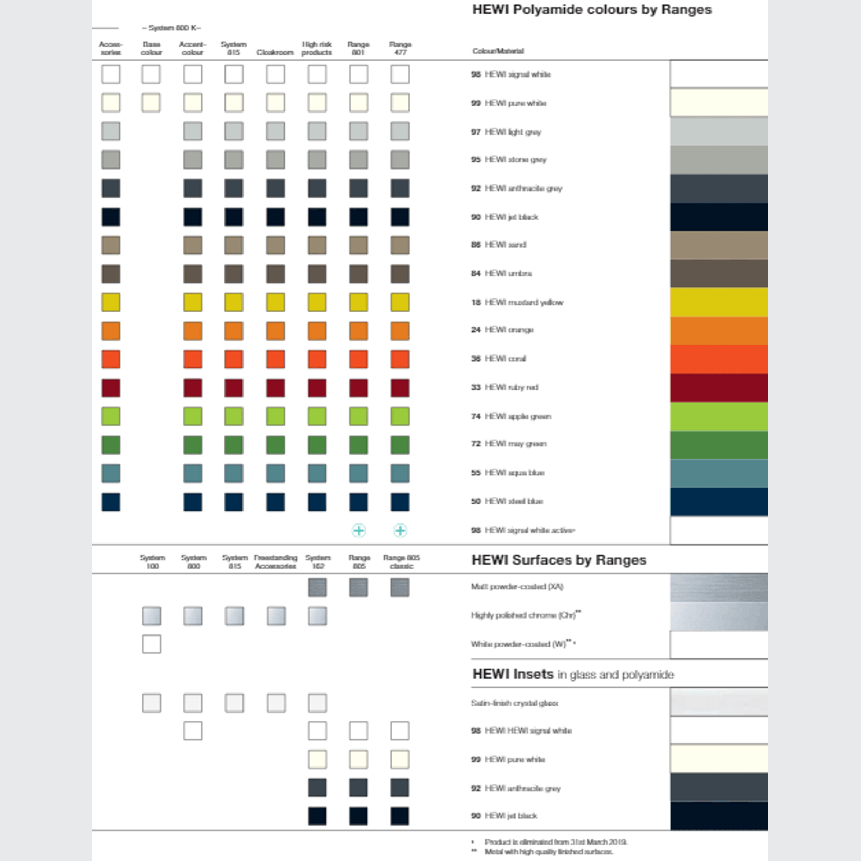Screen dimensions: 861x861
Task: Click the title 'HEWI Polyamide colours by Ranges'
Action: point(591,10)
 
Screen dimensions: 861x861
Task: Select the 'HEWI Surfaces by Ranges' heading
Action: point(558,560)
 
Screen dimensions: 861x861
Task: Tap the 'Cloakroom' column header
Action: point(275,52)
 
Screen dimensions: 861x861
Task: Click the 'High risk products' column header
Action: point(316,48)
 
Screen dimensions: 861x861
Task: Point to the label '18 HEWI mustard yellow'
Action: point(517,302)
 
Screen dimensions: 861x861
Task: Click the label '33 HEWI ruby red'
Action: point(504,387)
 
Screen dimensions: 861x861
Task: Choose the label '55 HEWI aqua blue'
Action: point(508,473)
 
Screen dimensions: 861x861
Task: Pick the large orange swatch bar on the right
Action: point(719,331)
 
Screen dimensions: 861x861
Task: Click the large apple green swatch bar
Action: point(719,416)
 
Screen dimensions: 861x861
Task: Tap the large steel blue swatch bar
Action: point(719,501)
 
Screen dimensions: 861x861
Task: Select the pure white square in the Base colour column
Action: point(151,103)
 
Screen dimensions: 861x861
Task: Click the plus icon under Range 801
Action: point(359,530)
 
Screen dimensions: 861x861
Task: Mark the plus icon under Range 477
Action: point(400,530)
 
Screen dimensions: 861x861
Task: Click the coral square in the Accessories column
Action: point(111,359)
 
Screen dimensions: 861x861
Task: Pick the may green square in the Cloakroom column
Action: point(275,445)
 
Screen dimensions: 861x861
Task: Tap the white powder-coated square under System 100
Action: point(152,644)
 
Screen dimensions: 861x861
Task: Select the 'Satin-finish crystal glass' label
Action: point(514,703)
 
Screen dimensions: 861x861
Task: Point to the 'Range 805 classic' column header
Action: point(401,561)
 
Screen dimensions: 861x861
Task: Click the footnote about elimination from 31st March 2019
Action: point(556,842)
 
